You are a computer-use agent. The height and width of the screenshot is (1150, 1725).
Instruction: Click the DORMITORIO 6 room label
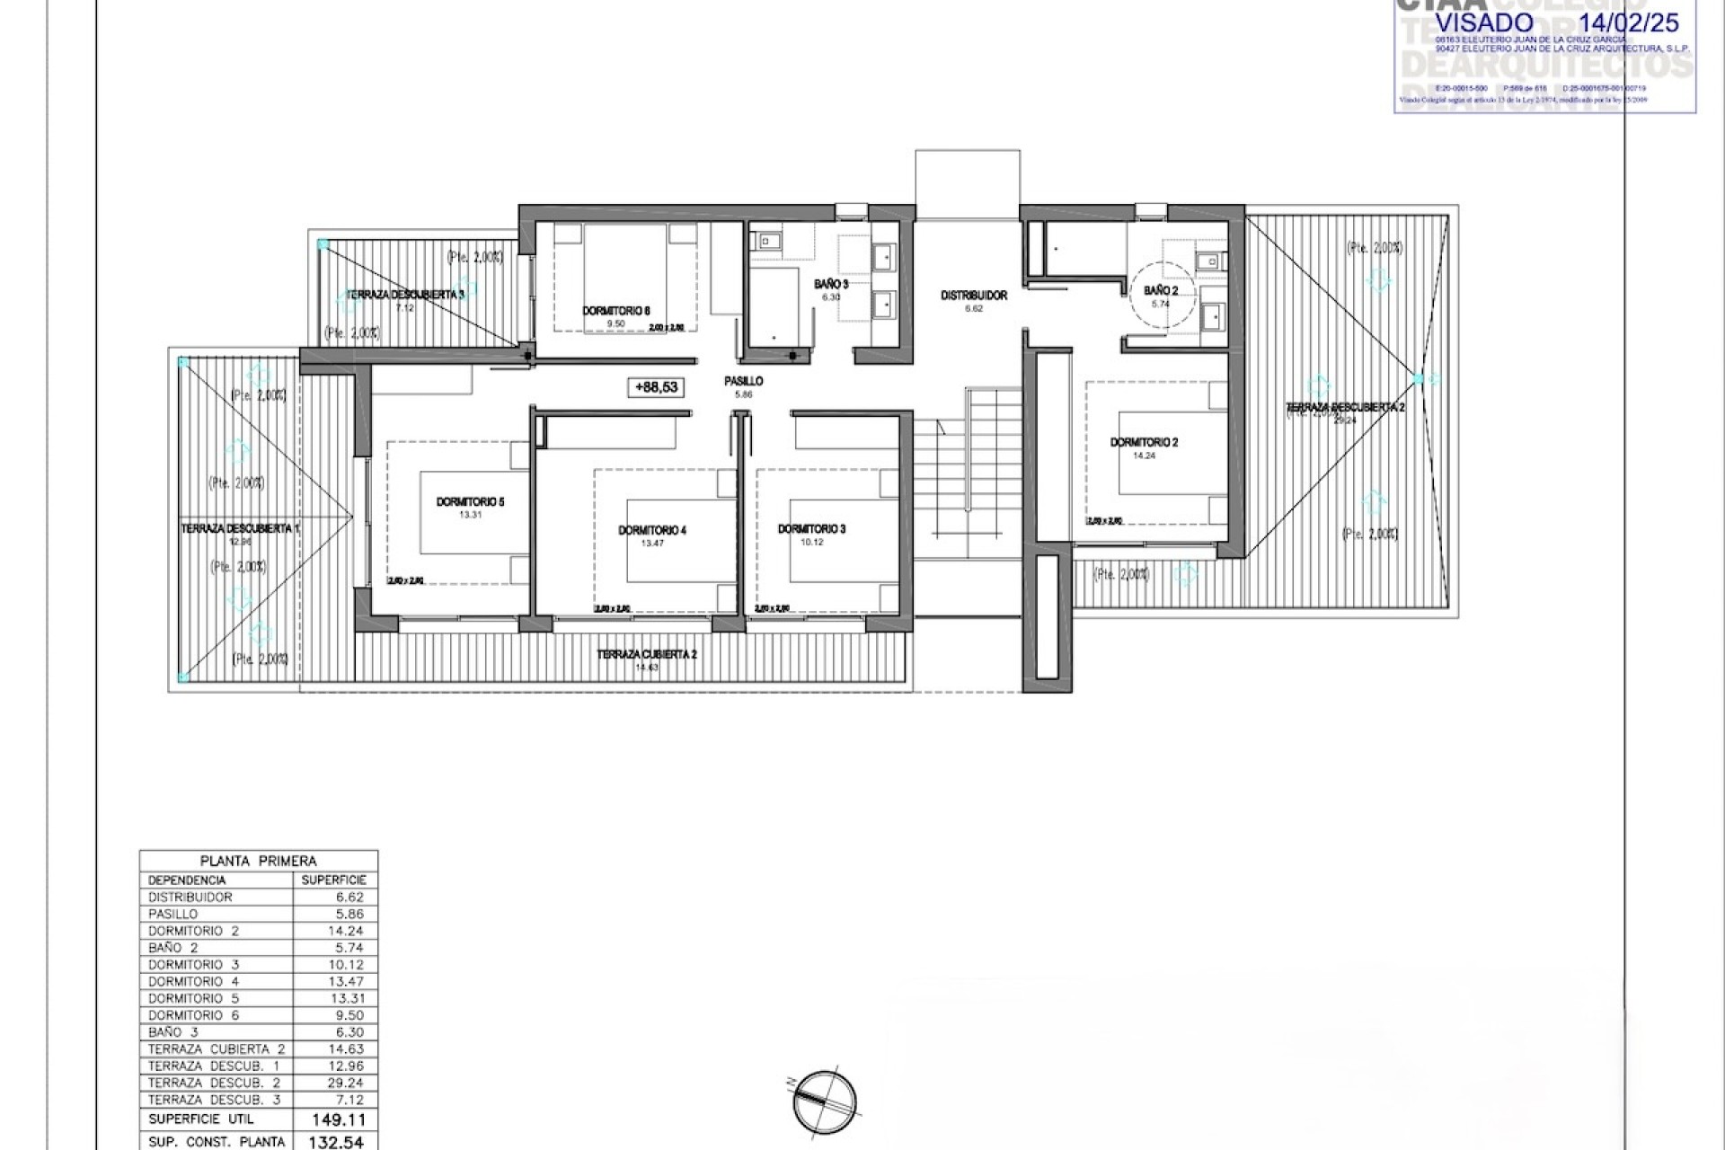615,311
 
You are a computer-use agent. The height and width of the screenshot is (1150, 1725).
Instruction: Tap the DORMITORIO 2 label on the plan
1144,442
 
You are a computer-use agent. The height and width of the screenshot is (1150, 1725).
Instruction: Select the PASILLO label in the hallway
743,381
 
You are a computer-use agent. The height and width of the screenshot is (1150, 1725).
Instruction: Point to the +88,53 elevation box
656,387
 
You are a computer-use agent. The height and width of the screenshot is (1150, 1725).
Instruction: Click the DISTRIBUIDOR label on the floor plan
973,296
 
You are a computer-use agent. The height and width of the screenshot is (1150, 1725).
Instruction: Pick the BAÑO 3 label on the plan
830,284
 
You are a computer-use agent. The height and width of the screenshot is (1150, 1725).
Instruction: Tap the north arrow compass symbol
825,1101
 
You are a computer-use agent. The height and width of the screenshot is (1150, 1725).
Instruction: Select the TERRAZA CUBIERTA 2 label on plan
647,654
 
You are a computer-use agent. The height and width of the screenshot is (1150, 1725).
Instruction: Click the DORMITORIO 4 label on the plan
652,530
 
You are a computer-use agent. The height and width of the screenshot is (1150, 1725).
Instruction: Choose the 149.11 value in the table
336,1119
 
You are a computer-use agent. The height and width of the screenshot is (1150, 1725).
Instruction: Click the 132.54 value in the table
336,1142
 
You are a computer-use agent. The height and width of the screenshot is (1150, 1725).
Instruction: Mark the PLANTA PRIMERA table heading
259,861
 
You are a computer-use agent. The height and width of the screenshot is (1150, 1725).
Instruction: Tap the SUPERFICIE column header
334,880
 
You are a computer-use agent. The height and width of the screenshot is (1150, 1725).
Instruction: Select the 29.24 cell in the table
345,1083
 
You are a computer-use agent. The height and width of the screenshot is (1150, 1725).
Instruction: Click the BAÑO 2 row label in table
173,948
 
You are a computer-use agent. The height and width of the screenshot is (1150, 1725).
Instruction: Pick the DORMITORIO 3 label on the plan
811,529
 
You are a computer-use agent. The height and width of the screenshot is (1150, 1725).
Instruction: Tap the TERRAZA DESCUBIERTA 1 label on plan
240,529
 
